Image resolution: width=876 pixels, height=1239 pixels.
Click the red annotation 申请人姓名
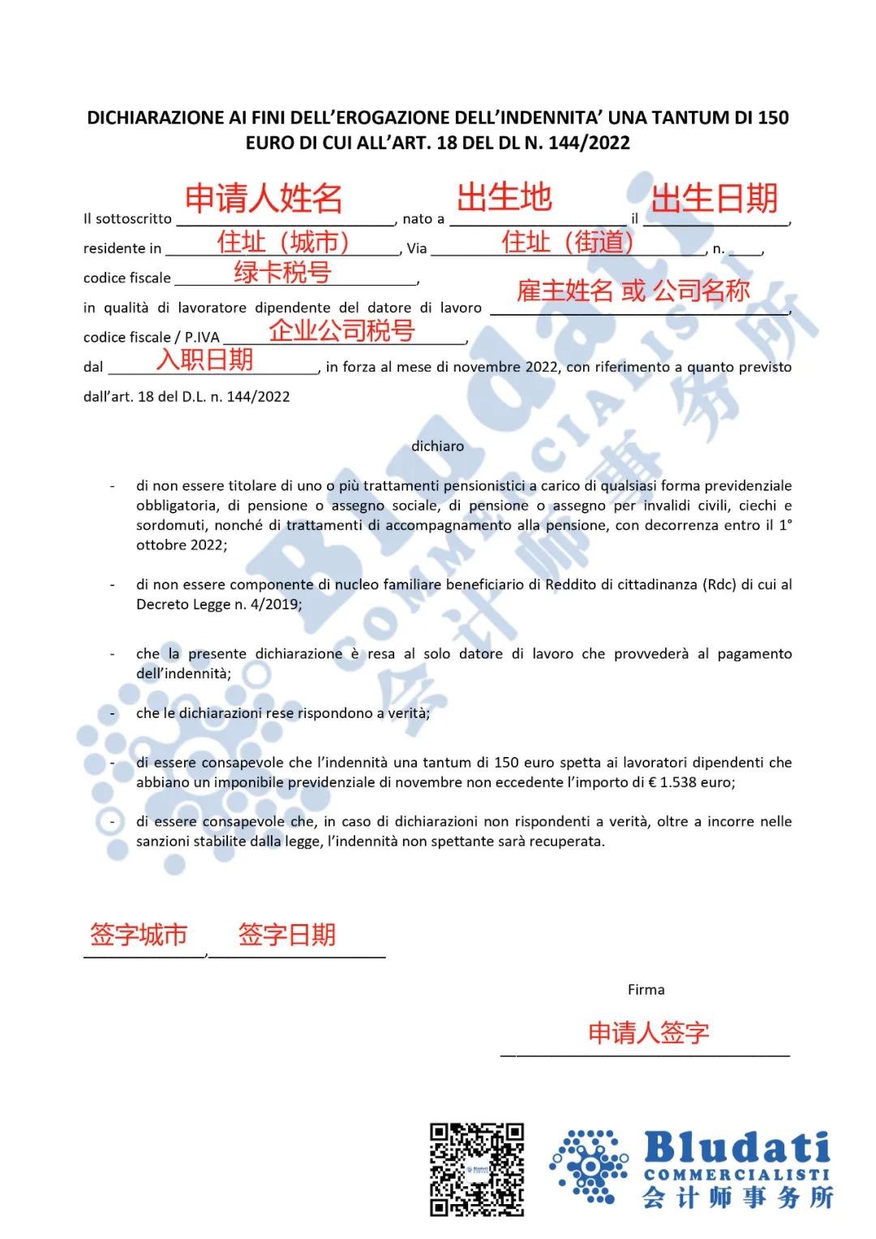(x=264, y=199)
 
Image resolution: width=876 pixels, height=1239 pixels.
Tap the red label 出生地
(x=505, y=197)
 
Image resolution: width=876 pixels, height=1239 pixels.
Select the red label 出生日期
(x=715, y=199)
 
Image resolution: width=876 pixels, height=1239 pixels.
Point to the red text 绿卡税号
(x=282, y=273)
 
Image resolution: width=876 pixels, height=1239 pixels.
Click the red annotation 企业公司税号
(x=341, y=330)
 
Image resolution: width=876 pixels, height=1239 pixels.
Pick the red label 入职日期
(x=204, y=359)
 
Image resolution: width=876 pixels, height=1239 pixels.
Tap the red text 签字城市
(x=139, y=935)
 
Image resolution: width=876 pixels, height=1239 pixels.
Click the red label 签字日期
(x=287, y=935)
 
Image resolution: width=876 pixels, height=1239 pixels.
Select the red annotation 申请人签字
(x=649, y=1033)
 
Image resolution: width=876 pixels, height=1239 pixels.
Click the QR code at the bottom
(x=477, y=1169)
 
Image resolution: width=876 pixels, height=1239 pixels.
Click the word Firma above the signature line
(x=646, y=990)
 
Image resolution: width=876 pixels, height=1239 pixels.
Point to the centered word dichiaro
(x=437, y=446)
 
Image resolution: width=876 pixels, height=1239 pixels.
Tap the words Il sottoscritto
(x=127, y=219)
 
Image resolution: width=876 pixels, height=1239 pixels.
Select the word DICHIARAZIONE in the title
(x=156, y=118)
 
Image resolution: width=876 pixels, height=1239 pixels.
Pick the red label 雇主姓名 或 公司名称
(x=633, y=290)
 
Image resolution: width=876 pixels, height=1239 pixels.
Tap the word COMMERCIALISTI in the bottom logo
(x=736, y=1175)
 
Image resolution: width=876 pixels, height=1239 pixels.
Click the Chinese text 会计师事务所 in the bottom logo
(x=737, y=1198)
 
